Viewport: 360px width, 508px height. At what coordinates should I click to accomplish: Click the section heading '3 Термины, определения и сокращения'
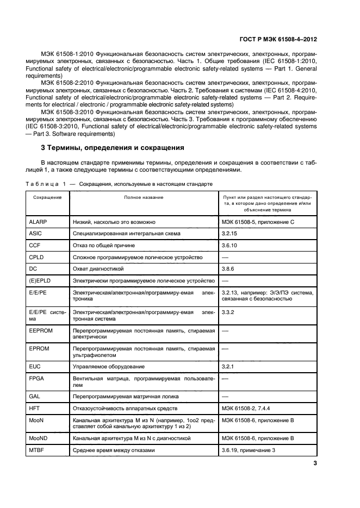[x=113, y=147]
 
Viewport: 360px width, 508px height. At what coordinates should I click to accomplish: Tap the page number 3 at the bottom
[x=315, y=463]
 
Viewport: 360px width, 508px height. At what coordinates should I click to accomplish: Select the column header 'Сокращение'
[x=47, y=197]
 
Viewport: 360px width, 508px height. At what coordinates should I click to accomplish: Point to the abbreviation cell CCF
[x=35, y=245]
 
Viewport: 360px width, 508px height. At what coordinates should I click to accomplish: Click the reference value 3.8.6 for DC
[x=229, y=268]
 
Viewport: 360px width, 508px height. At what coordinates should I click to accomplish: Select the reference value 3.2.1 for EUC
[x=229, y=367]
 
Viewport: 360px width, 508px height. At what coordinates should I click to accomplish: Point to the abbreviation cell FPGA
[x=38, y=379]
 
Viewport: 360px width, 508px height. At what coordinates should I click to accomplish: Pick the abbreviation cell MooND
[x=40, y=438]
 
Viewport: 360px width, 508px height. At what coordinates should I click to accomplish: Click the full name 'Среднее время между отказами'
[x=114, y=450]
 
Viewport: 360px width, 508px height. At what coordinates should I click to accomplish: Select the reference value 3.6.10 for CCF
[x=231, y=245]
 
